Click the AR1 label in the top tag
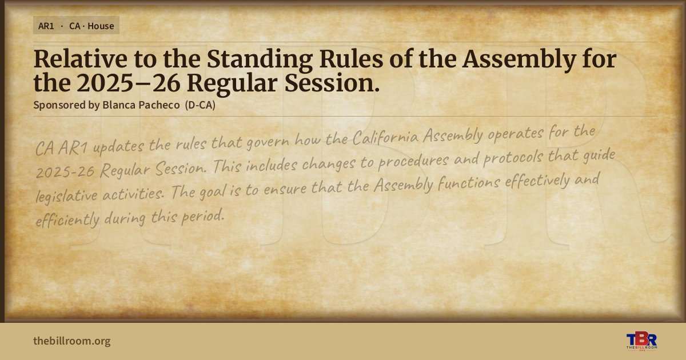point(46,26)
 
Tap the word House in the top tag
point(101,26)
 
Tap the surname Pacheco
point(159,105)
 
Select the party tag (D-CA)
point(200,105)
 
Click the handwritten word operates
point(516,134)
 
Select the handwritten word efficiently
point(67,219)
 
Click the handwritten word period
point(203,217)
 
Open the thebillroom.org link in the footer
point(72,341)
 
